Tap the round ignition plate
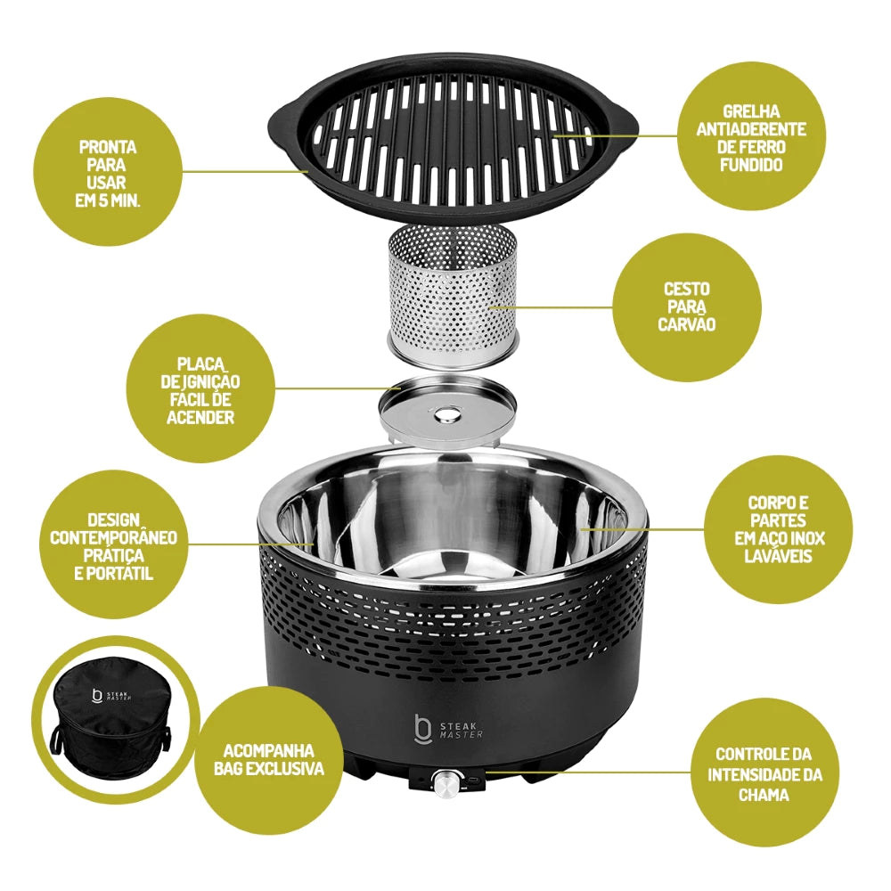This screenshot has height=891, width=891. tap(448, 409)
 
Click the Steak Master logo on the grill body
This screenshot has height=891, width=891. tap(449, 729)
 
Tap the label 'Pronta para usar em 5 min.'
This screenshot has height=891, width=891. tap(108, 174)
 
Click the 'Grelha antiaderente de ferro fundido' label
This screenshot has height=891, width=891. tap(751, 138)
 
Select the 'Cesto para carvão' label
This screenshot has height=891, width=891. tap(686, 307)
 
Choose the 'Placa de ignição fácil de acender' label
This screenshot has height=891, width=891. tap(200, 390)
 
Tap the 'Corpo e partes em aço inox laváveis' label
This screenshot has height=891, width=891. tap(778, 529)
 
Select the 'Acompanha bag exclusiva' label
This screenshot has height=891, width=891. tap(269, 760)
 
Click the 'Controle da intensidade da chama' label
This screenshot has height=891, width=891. tap(764, 774)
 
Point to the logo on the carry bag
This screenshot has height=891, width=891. tap(111, 697)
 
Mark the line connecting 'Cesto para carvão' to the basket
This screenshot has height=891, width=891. tap(552, 307)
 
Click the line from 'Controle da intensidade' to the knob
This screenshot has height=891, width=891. tap(589, 772)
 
